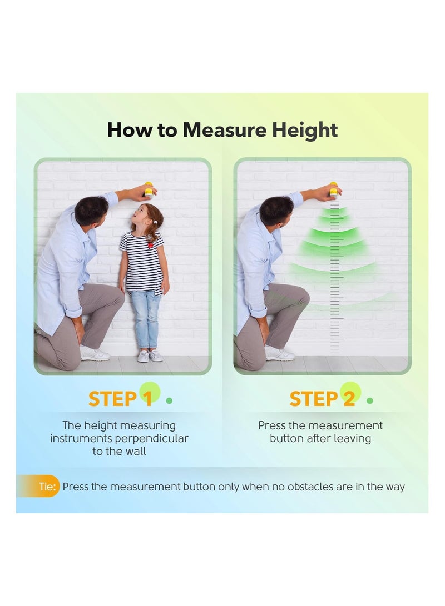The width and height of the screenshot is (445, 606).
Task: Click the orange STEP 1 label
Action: click(x=120, y=399)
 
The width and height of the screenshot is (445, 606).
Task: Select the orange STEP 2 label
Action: click(x=322, y=399)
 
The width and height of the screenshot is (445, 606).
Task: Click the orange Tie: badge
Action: click(x=47, y=487)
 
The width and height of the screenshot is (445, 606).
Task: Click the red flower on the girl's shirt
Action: click(x=150, y=244)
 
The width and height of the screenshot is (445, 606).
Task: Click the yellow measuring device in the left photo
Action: click(x=149, y=189)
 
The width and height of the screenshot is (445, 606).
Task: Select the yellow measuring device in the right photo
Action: click(x=334, y=189)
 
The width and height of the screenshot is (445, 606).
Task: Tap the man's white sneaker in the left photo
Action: click(x=95, y=353)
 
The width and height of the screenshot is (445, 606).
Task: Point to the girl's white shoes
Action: click(x=149, y=355)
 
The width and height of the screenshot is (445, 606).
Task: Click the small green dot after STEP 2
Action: click(x=370, y=400)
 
